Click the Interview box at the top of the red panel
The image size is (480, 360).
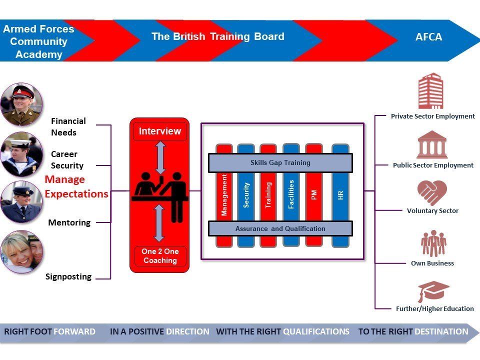160,131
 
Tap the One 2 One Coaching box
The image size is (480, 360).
160,256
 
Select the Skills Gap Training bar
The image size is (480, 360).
280,163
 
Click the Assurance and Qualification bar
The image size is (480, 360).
280,228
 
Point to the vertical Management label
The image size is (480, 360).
224,195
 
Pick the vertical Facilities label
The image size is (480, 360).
291,194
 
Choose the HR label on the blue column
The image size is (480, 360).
340,195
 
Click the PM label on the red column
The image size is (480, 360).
314,195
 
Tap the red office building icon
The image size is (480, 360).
430,91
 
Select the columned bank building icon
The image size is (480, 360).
431,144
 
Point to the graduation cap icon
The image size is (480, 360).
433,291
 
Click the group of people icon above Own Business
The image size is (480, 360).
433,243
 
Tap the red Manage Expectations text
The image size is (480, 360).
76,186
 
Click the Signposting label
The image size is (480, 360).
68,276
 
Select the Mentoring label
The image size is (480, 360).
69,222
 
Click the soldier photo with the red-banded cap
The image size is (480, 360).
21,104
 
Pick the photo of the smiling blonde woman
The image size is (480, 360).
21,251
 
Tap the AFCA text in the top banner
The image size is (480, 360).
428,37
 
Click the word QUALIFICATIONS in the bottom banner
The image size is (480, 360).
316,331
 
